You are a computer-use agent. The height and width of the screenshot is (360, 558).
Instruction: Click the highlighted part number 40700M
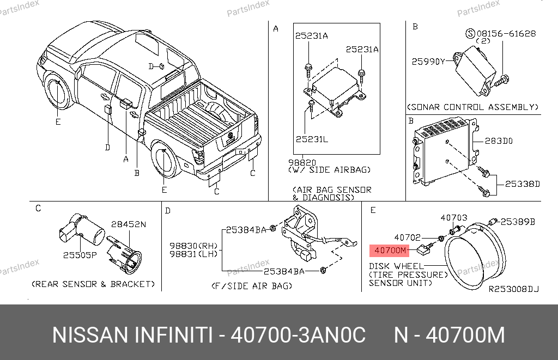(x=390, y=251)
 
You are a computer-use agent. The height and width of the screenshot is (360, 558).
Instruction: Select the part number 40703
(x=454, y=217)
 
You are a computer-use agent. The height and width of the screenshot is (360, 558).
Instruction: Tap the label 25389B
(x=518, y=222)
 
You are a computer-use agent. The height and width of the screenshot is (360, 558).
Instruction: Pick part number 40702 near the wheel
(x=408, y=237)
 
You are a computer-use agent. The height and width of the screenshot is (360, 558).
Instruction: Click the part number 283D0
(x=499, y=141)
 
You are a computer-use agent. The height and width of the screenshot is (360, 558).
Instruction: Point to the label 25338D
(x=523, y=184)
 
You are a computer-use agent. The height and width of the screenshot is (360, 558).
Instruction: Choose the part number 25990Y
(x=428, y=62)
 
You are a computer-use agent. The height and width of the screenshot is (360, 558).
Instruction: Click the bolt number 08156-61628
(x=506, y=33)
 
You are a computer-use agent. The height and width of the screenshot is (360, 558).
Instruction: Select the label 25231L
(x=312, y=139)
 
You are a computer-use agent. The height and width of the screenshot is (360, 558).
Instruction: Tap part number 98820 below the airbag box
(x=302, y=162)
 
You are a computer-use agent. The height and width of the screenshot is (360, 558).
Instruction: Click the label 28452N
(x=129, y=224)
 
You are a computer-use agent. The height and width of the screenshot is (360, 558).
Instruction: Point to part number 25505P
(x=80, y=255)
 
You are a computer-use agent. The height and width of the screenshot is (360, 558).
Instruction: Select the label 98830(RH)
(x=193, y=246)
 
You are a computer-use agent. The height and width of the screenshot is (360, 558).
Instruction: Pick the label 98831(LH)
(x=193, y=254)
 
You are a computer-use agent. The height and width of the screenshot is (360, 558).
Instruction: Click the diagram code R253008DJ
(x=513, y=289)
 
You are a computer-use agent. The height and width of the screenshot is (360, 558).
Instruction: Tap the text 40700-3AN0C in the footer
(x=298, y=335)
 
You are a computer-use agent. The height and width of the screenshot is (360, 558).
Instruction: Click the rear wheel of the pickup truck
(x=165, y=160)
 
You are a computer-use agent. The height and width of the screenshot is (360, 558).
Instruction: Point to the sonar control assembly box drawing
(x=475, y=71)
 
